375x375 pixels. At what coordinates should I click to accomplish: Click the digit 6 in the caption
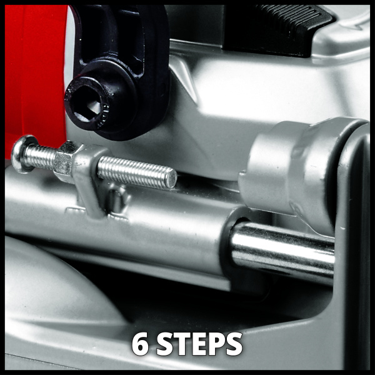tap(141, 344)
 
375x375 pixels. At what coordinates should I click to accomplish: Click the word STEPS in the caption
tap(199, 344)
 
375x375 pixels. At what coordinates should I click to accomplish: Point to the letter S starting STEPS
tap(164, 344)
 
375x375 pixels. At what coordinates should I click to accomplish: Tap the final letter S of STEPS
tap(234, 344)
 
